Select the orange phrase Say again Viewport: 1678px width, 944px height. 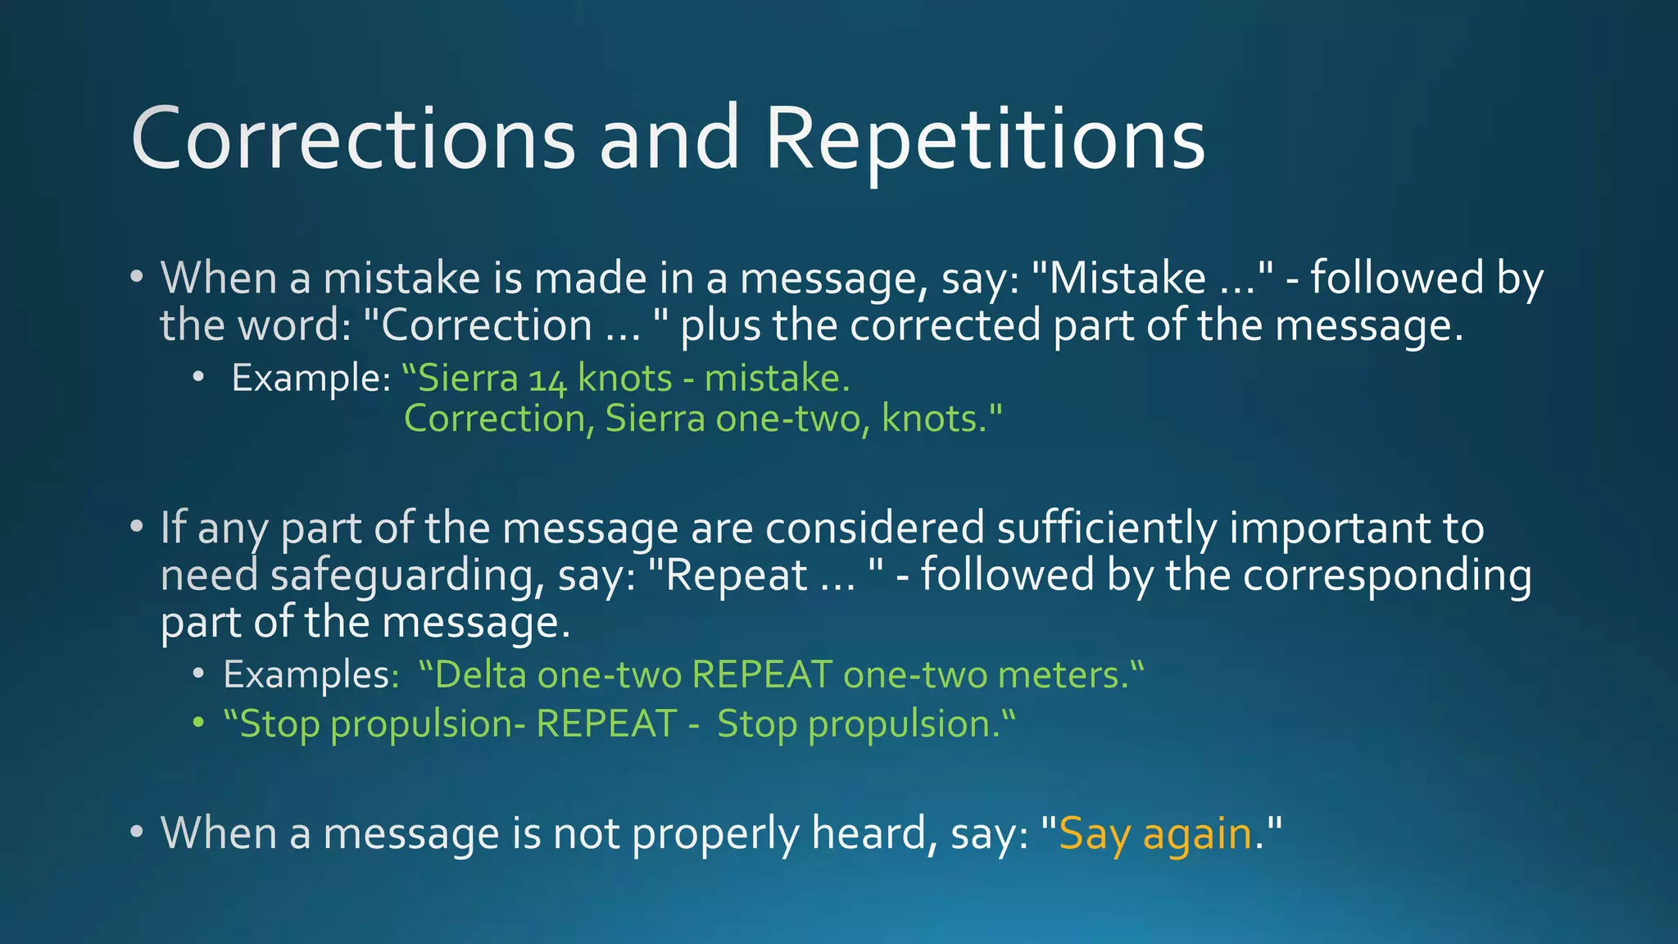click(x=1155, y=833)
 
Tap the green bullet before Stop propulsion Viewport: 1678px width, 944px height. click(x=197, y=724)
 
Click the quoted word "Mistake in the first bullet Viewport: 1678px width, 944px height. click(x=1119, y=278)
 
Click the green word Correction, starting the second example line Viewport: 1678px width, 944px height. click(x=499, y=420)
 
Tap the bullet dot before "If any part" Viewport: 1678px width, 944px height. click(x=137, y=527)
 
